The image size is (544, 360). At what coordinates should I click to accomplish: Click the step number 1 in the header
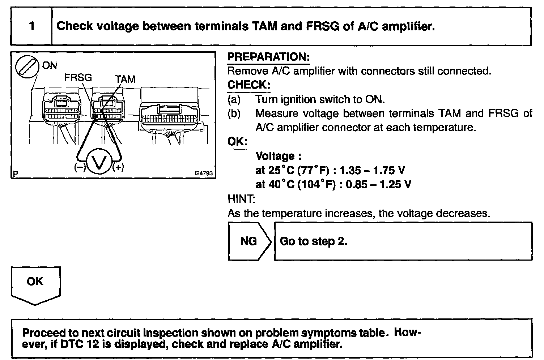(x=32, y=26)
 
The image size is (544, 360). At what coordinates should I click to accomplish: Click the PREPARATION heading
(x=268, y=57)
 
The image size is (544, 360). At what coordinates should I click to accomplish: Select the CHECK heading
(x=248, y=85)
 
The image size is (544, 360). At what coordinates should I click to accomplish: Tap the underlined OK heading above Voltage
(x=237, y=142)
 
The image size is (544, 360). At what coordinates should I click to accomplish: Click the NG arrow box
(x=249, y=241)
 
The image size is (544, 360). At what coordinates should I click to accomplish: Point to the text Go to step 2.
(x=314, y=241)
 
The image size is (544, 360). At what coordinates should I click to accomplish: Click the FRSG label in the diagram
(x=78, y=77)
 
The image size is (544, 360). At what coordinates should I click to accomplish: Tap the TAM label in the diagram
(x=125, y=79)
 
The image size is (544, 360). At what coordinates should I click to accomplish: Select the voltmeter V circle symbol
(x=98, y=163)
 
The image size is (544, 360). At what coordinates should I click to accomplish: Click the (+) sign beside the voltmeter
(x=118, y=167)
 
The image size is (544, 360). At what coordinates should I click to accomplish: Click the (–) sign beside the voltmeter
(x=80, y=167)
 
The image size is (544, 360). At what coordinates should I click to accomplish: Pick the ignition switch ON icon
(x=27, y=67)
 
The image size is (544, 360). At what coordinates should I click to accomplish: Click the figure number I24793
(x=204, y=173)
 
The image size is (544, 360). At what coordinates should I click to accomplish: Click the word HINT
(x=241, y=199)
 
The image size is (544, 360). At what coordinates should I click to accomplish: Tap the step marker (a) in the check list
(x=234, y=99)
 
